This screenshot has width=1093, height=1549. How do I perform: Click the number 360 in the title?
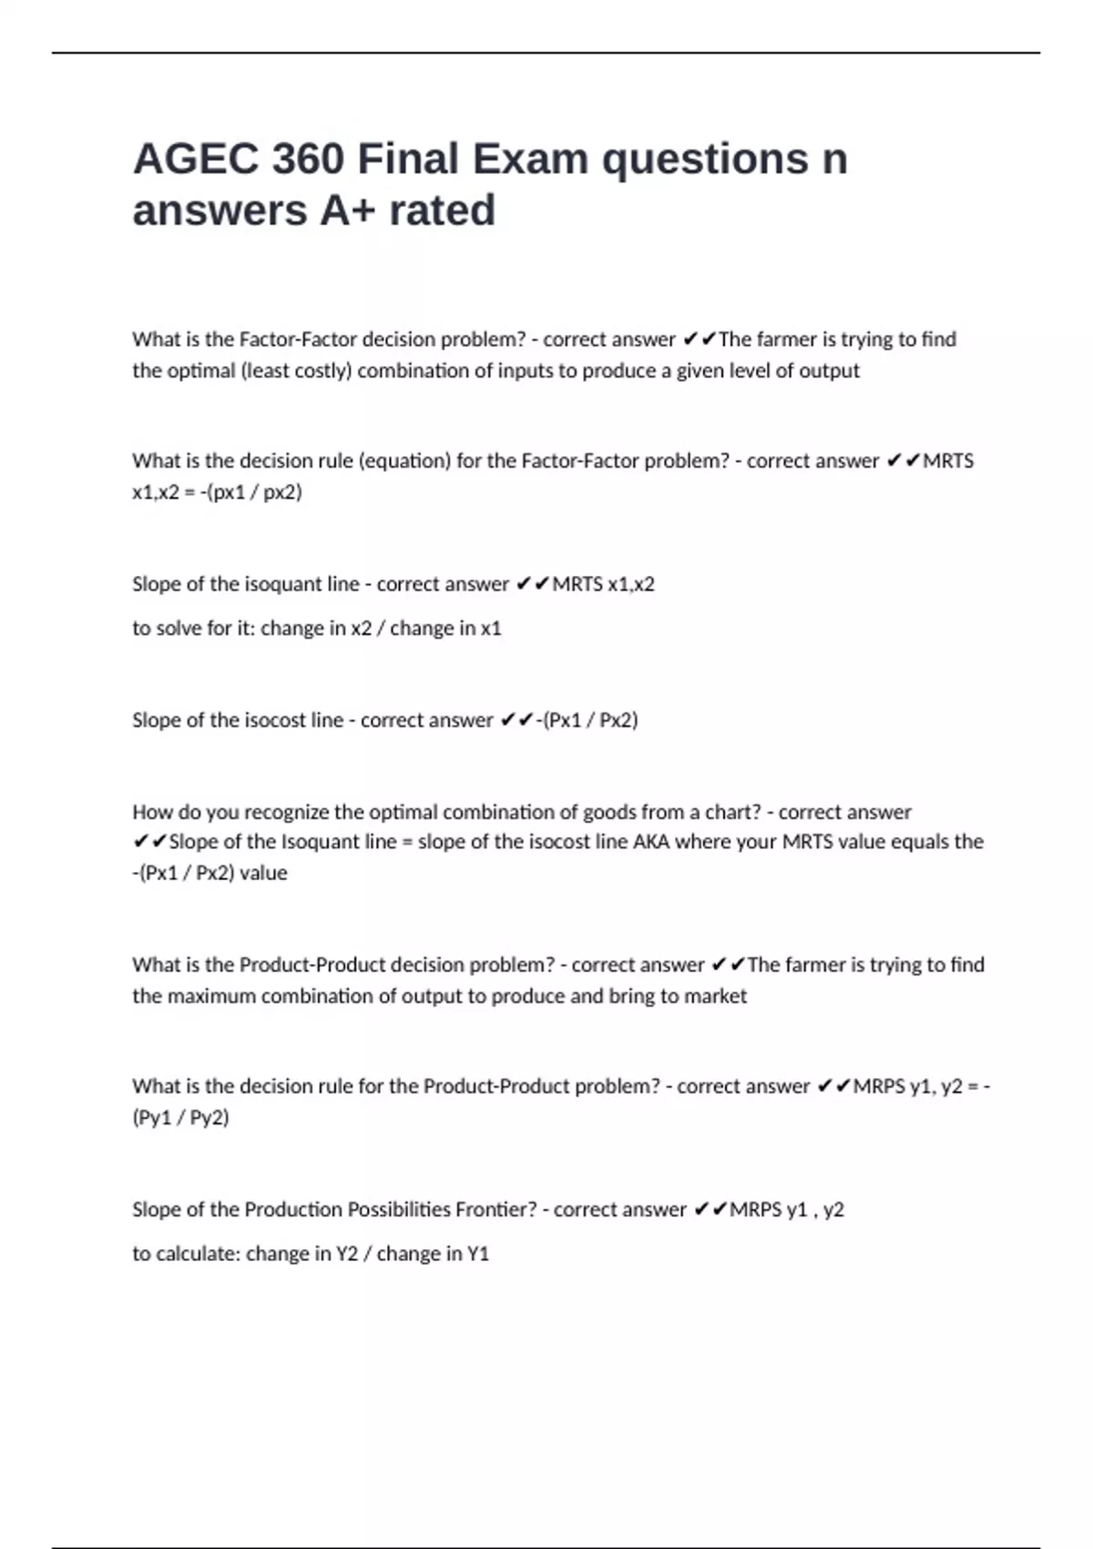307,159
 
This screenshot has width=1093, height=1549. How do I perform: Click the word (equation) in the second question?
404,461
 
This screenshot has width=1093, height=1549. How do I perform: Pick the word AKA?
650,842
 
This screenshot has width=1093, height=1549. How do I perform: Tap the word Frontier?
496,1209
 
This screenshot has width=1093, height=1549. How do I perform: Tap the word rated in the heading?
442,210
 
